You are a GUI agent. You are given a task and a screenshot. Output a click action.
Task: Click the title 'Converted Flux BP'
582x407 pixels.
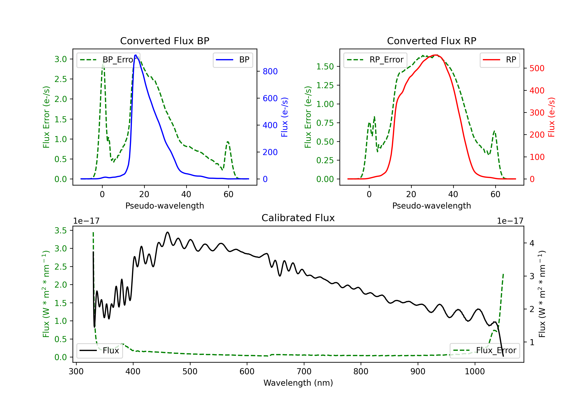(165, 41)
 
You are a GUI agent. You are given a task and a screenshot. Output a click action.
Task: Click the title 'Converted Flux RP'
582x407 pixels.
(431, 41)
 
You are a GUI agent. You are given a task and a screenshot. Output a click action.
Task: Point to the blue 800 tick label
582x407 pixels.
(270, 72)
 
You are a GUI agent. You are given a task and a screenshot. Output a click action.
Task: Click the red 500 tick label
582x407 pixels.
(537, 68)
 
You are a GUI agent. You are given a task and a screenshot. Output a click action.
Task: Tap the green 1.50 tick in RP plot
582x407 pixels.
(325, 67)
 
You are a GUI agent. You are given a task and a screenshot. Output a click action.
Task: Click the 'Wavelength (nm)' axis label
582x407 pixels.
(298, 383)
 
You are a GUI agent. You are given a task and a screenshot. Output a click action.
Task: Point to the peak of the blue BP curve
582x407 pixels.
(136, 55)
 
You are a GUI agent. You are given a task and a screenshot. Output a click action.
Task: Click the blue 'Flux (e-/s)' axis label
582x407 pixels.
(284, 117)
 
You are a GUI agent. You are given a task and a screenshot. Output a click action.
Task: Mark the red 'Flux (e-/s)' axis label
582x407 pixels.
(551, 117)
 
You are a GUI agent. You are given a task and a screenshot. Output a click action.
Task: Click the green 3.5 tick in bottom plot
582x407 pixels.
(61, 230)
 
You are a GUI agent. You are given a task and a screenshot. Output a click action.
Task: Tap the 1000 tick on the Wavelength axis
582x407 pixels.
(475, 372)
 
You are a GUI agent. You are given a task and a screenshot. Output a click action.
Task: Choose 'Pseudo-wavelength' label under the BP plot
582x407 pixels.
(165, 206)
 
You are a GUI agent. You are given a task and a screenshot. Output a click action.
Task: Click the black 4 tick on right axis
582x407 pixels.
(532, 243)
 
